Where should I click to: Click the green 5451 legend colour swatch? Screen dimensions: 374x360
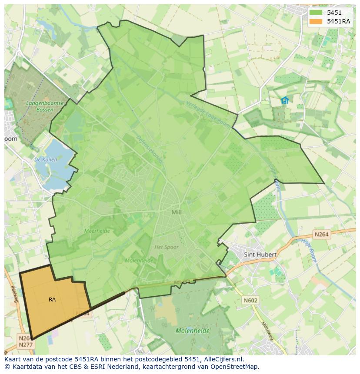tap(316, 13)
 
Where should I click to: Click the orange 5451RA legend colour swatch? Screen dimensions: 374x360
tap(316, 21)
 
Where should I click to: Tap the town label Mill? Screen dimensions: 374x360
tap(177, 212)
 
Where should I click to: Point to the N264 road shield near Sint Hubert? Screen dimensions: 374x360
tap(321, 235)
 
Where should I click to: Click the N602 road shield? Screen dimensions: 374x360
tap(250, 300)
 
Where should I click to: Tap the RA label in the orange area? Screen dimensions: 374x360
tap(52, 300)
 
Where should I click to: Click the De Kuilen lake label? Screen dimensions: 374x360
tap(46, 160)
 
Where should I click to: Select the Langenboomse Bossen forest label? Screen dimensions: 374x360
tap(45, 106)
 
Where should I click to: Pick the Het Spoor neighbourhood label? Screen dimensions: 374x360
tap(167, 247)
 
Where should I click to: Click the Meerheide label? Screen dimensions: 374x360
tap(97, 231)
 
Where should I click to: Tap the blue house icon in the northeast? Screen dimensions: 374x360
tap(285, 101)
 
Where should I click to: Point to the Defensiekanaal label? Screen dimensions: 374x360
tap(150, 150)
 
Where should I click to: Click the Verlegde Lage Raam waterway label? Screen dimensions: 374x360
tap(204, 112)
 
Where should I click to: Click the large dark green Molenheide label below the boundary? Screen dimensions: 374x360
tap(192, 331)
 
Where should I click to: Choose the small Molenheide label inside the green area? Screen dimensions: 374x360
tap(139, 261)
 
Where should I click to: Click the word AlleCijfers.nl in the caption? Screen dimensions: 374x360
tap(222, 359)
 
